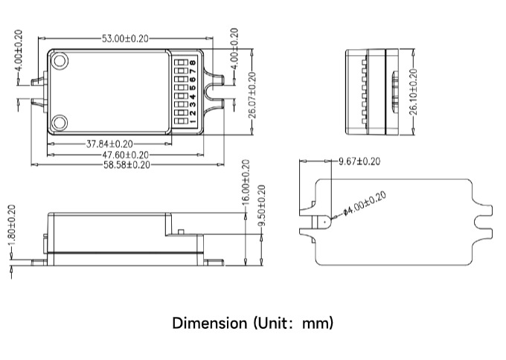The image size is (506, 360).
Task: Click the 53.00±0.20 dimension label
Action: click(x=125, y=39)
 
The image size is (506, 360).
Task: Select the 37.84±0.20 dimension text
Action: click(x=109, y=144)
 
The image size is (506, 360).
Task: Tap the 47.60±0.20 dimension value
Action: click(x=126, y=155)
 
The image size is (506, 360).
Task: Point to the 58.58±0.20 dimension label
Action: click(x=126, y=165)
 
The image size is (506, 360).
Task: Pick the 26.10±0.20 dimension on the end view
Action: click(x=413, y=92)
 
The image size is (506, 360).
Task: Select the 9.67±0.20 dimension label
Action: click(x=359, y=161)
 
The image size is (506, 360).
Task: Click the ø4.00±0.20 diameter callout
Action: click(x=365, y=204)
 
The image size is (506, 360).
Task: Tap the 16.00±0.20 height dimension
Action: click(x=246, y=182)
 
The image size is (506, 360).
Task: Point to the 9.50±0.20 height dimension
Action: click(x=261, y=205)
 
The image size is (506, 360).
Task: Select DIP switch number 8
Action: click(x=181, y=62)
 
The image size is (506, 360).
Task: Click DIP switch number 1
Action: click(x=181, y=121)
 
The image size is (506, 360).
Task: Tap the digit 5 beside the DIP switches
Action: click(x=193, y=88)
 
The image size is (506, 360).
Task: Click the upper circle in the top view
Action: click(x=60, y=61)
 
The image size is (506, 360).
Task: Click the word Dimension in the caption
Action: click(x=210, y=324)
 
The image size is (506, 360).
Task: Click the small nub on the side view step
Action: click(x=181, y=231)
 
